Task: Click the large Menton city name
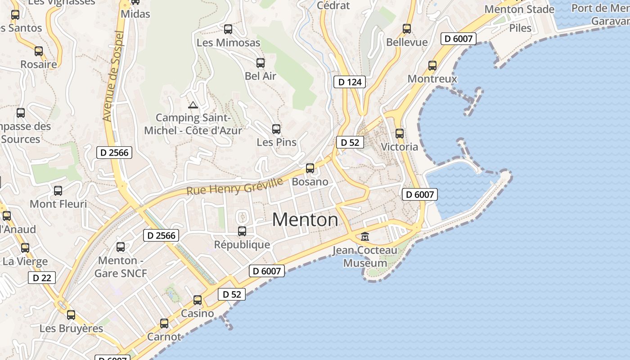pos(305,220)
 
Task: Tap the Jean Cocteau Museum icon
pos(365,236)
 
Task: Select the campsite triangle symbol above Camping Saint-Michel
pos(193,105)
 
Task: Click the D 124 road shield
pos(350,82)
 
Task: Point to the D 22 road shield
pos(42,278)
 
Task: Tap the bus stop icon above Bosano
pos(310,168)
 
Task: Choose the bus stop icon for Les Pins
pos(276,129)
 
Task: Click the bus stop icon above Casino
pos(198,300)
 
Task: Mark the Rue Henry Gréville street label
pos(235,185)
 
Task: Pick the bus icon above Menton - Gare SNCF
pos(121,247)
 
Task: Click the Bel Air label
pos(261,76)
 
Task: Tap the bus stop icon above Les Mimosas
pos(228,29)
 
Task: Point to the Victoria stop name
pos(399,147)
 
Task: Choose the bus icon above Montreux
pos(432,66)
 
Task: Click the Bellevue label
pos(407,42)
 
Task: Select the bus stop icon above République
pos(242,231)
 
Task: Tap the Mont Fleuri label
pos(58,204)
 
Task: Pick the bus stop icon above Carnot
pos(164,324)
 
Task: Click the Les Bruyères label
pos(71,328)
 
